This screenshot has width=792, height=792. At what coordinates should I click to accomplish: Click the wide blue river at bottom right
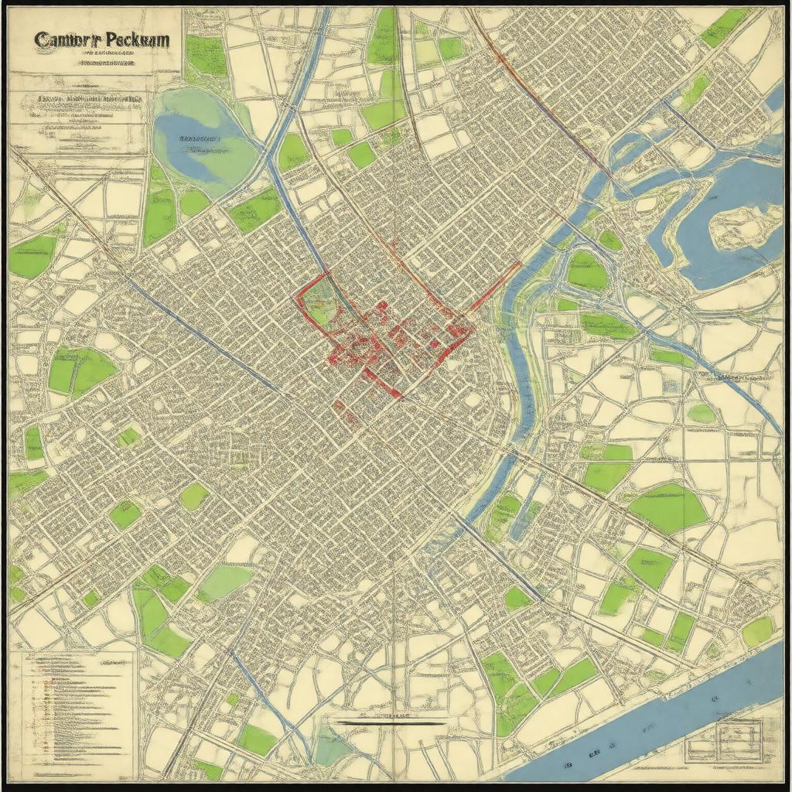coord(665,719)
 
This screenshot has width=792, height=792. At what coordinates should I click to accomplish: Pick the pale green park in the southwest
coord(224,582)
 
